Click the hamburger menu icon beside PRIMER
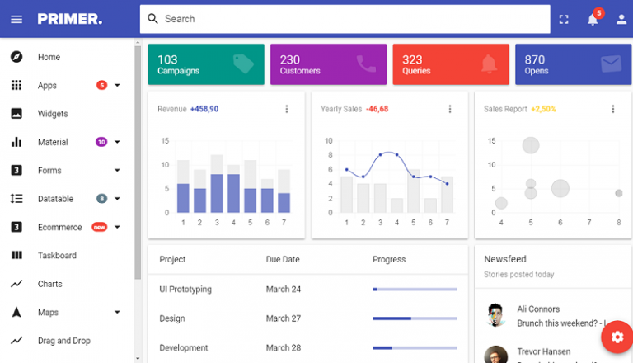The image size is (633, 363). click(16, 19)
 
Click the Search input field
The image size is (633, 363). click(346, 19)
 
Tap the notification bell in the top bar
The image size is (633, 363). click(593, 19)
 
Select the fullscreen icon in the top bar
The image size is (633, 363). click(564, 19)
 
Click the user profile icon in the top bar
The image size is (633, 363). click(621, 19)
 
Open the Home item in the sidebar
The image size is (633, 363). click(49, 57)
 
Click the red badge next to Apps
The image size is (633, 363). click(101, 85)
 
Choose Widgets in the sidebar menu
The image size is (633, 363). click(53, 114)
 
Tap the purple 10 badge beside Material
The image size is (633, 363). click(101, 142)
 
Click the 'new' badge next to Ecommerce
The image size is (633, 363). click(99, 227)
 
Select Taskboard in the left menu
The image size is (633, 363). click(57, 256)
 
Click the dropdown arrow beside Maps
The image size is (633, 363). click(117, 313)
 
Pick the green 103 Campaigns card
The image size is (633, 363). click(205, 64)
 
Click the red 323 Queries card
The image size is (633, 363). click(450, 64)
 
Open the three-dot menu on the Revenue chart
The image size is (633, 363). click(287, 109)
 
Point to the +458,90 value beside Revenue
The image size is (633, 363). click(204, 109)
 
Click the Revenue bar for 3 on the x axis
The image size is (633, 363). click(217, 193)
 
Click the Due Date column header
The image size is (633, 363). click(283, 259)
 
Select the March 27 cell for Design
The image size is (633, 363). click(283, 318)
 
